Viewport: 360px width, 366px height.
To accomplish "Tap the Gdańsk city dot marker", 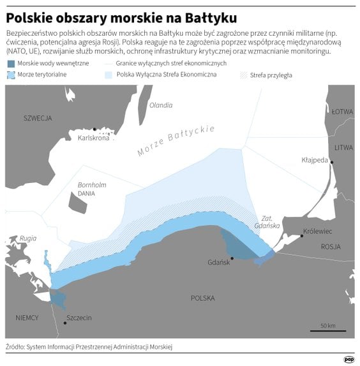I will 232,258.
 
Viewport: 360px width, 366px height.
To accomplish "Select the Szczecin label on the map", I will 79,318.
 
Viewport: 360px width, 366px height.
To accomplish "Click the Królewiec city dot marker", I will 301,236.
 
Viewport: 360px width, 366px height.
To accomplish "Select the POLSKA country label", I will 203,298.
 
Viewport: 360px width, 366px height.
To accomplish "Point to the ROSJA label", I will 331,246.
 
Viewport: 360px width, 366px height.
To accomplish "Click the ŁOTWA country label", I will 342,112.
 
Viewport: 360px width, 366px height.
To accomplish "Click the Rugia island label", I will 28,238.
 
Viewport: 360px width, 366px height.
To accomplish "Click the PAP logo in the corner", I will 349,359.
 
